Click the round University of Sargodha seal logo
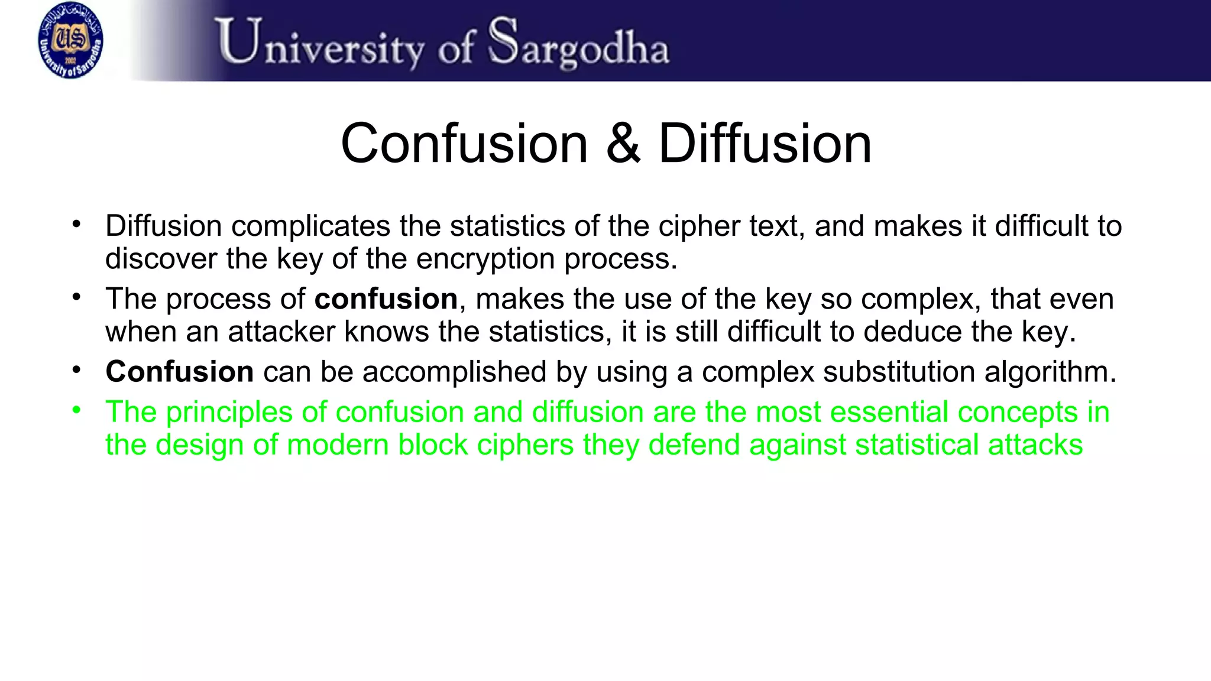(70, 40)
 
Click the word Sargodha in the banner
(579, 43)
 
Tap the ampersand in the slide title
(623, 144)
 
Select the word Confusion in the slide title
(465, 144)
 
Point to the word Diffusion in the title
(765, 144)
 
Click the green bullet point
(76, 410)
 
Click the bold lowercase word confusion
(386, 299)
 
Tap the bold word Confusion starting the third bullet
(180, 372)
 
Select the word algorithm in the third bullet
(1050, 372)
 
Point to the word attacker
(281, 331)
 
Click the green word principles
(229, 413)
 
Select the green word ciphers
(525, 445)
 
